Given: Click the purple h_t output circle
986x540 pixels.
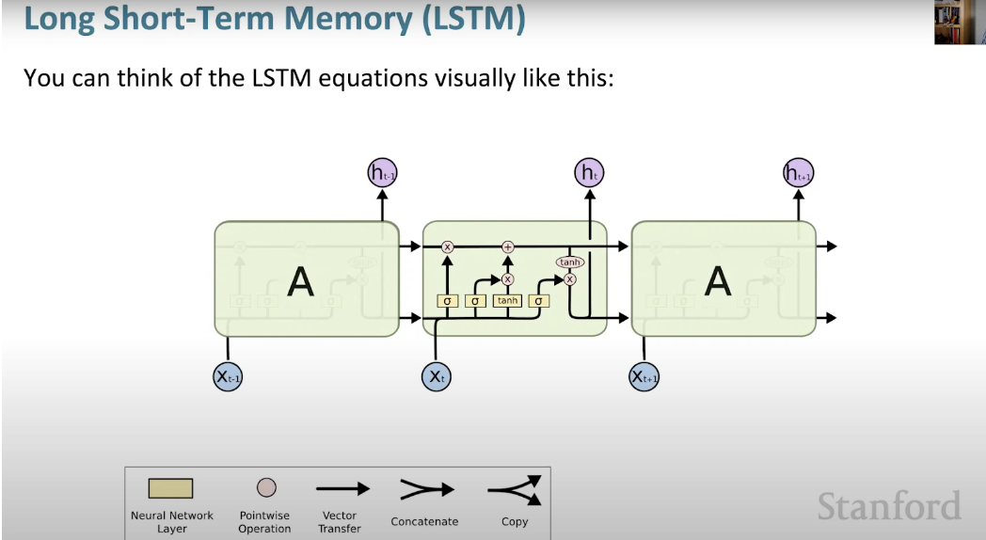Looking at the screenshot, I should tap(590, 172).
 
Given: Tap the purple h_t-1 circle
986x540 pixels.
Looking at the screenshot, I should tap(382, 172).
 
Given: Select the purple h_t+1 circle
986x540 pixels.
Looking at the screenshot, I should tap(799, 172).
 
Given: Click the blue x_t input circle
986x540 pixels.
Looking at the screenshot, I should tap(435, 376).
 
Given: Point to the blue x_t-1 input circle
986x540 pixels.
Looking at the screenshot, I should tap(228, 376).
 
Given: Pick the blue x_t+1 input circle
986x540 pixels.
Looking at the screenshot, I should tap(644, 376).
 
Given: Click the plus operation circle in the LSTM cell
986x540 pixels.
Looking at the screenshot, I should tap(508, 246).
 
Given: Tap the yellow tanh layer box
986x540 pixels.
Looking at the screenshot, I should tap(508, 301).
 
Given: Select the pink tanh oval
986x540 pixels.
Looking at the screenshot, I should tap(569, 262).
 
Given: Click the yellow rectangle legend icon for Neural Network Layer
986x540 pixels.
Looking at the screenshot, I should tap(170, 488).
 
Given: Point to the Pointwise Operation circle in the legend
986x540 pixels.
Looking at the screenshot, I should tap(266, 487).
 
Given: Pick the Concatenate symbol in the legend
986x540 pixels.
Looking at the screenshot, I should tap(425, 489).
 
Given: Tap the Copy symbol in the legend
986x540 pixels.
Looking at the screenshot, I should tap(515, 489).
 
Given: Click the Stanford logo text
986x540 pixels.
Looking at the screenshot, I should tap(888, 506).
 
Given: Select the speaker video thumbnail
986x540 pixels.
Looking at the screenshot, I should tap(959, 22).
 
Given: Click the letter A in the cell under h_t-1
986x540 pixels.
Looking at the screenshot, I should tap(300, 281).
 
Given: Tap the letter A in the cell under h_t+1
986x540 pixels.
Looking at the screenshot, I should tap(717, 281).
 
